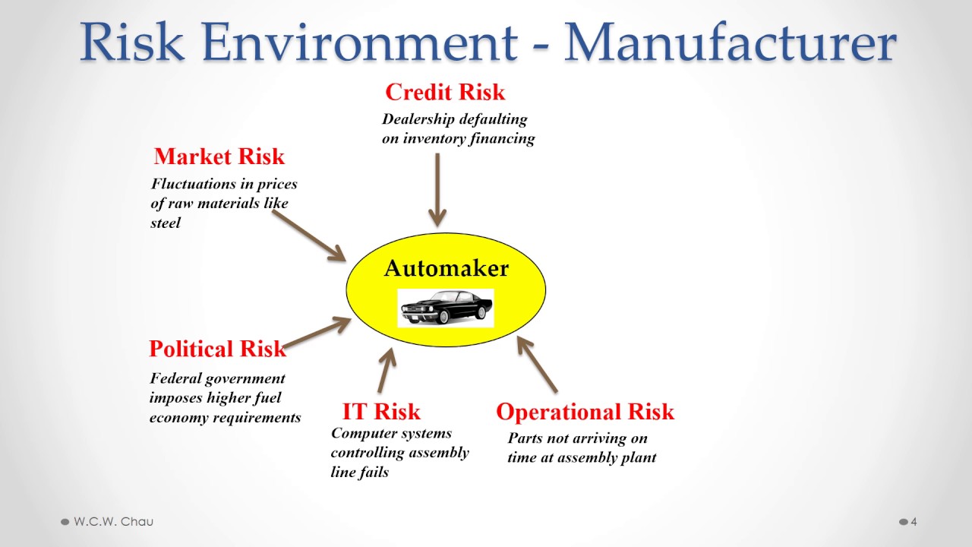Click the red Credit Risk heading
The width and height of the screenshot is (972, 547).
point(445,93)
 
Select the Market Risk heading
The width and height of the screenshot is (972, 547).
point(219,157)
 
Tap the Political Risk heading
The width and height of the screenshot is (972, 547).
point(217,349)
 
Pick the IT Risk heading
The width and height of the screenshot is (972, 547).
point(381,412)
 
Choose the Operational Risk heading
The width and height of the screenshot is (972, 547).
point(585,412)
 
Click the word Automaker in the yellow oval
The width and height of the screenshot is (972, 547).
point(446,268)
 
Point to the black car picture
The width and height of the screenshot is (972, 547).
point(447,307)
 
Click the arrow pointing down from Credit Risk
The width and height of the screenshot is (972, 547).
point(437,190)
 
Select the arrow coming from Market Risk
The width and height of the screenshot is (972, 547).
point(309,236)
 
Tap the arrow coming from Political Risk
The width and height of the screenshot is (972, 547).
point(317,333)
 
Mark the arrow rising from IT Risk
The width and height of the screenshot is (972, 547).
point(387,372)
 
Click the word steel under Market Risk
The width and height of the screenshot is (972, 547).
point(166,223)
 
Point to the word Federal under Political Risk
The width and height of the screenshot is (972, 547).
point(175,378)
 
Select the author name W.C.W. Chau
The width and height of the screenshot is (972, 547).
point(113,522)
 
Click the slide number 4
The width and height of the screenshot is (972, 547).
point(914,522)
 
